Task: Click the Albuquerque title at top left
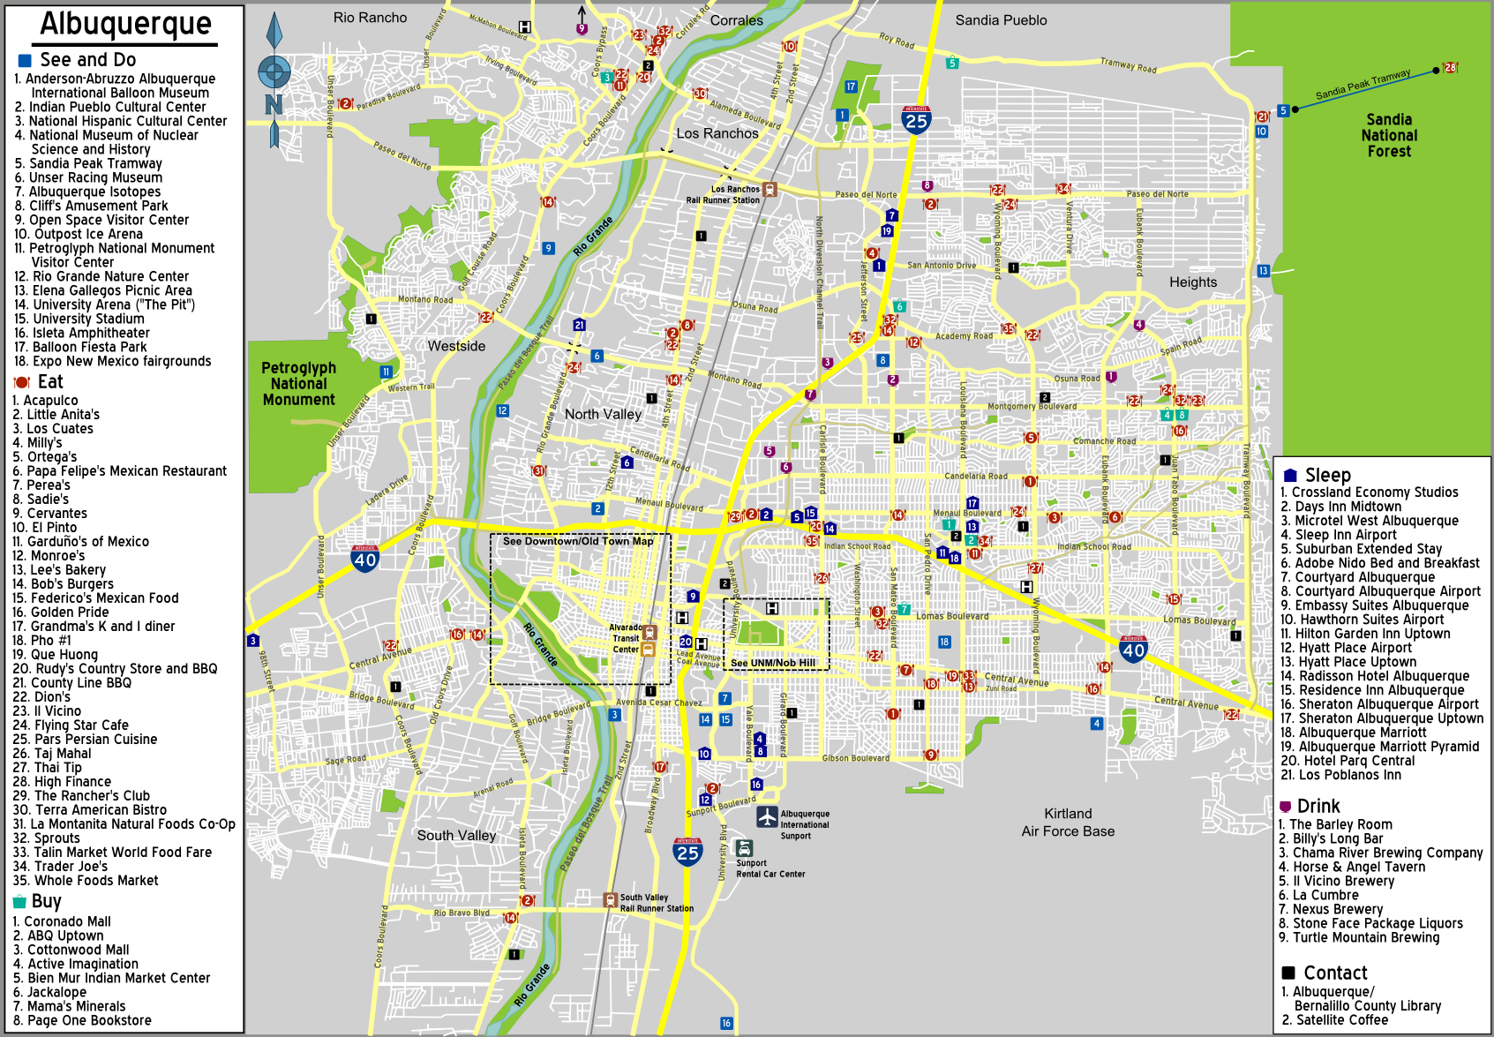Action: tap(125, 24)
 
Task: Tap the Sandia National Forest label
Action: tap(1389, 135)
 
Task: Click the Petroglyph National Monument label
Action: tap(298, 383)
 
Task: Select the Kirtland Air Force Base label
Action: tap(1068, 822)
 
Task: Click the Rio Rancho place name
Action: tap(370, 18)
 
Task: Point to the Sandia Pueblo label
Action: tap(1001, 19)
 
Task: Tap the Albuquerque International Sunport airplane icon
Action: tap(767, 816)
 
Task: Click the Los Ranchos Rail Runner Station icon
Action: tap(770, 190)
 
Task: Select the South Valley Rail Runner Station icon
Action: tap(610, 899)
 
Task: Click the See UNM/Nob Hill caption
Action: tap(773, 663)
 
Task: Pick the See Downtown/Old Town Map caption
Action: tap(578, 541)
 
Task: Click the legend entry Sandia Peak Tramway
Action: tap(95, 163)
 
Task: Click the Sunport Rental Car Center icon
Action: tap(744, 848)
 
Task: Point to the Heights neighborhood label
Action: tap(1192, 282)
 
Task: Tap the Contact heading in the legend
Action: tap(1335, 973)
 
